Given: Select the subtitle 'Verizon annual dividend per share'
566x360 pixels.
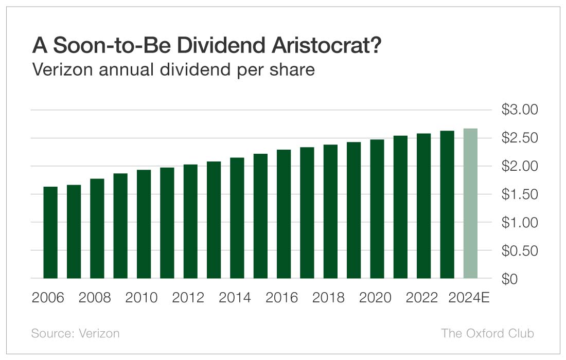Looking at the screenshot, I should [173, 69].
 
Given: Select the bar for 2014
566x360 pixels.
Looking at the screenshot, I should [237, 218].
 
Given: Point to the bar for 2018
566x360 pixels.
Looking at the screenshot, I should [330, 211].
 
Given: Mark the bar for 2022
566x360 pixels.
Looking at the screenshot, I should [423, 206].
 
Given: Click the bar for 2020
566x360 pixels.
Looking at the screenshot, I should [377, 209].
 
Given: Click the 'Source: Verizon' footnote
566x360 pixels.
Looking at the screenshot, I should [75, 333].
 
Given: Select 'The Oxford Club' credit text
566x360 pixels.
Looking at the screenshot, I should [487, 333].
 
